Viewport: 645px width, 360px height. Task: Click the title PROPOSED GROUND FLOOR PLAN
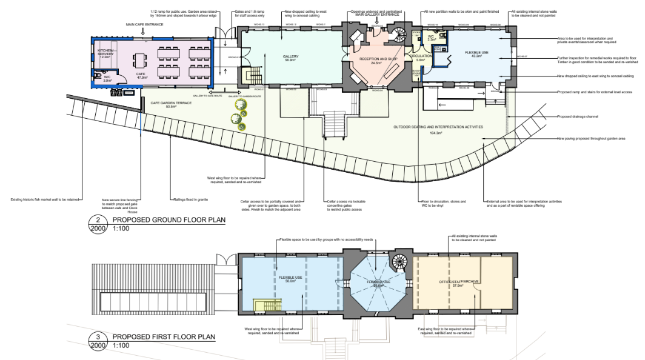165,221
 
